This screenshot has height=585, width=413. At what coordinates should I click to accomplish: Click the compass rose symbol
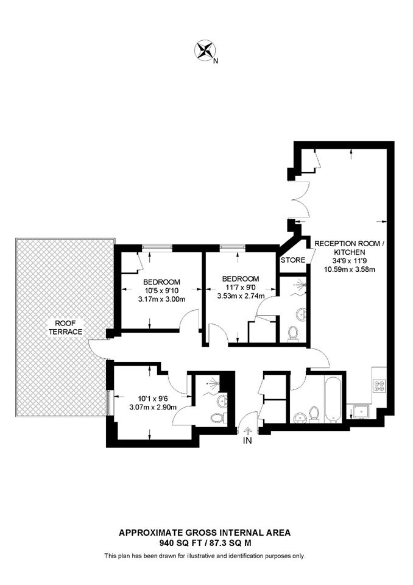[205, 50]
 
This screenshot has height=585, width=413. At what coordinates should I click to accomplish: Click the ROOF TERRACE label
[65, 327]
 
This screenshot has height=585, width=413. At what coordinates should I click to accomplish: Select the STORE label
[293, 260]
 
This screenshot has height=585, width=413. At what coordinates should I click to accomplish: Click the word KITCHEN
[349, 252]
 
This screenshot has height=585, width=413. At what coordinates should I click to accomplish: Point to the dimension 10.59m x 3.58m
[349, 269]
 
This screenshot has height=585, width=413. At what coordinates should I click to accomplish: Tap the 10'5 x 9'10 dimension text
[161, 290]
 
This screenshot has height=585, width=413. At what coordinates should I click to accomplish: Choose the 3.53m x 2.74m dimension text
[241, 296]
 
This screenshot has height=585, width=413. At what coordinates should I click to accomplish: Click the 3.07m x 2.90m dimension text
[153, 408]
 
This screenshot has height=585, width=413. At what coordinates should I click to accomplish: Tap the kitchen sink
[361, 412]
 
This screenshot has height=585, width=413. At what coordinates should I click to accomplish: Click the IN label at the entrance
[247, 441]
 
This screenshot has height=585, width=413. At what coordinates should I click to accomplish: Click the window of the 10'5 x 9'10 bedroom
[157, 247]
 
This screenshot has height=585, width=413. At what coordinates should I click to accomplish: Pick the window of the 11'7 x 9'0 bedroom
[233, 247]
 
